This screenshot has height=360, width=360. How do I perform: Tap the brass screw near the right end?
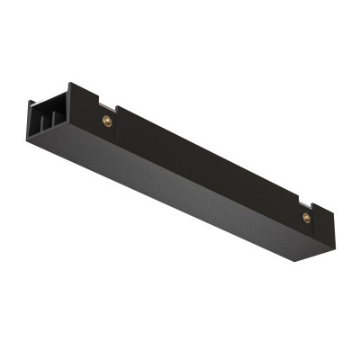tap(307, 217)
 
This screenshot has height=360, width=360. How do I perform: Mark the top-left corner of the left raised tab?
tap(71, 85)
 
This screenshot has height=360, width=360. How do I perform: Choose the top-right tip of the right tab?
tap(334, 213)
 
